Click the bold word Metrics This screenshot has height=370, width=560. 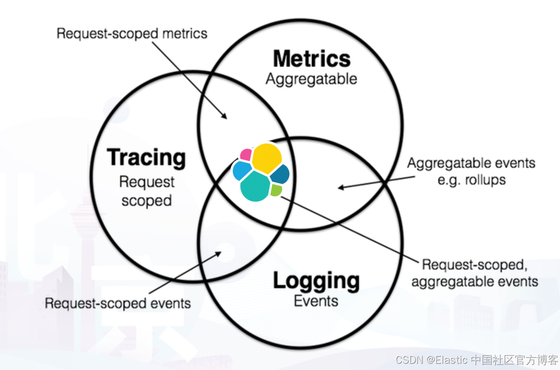(x=312, y=59)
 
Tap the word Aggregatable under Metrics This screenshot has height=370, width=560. (x=311, y=79)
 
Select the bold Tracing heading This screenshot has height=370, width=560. (x=146, y=158)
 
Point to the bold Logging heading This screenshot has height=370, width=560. (x=316, y=281)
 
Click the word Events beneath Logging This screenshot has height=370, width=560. (x=316, y=301)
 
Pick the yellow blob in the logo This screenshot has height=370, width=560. (x=267, y=157)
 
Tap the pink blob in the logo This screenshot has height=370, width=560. (x=246, y=155)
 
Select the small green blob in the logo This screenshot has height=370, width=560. (x=276, y=190)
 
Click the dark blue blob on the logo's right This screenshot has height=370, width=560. (x=281, y=174)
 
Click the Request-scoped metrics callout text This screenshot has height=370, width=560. (x=132, y=33)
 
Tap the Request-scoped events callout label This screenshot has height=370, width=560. (x=118, y=303)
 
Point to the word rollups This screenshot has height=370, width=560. (x=485, y=180)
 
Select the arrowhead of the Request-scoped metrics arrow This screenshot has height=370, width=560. (x=225, y=117)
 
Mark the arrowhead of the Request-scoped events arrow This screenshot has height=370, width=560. (x=219, y=253)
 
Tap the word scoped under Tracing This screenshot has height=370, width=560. (x=146, y=201)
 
